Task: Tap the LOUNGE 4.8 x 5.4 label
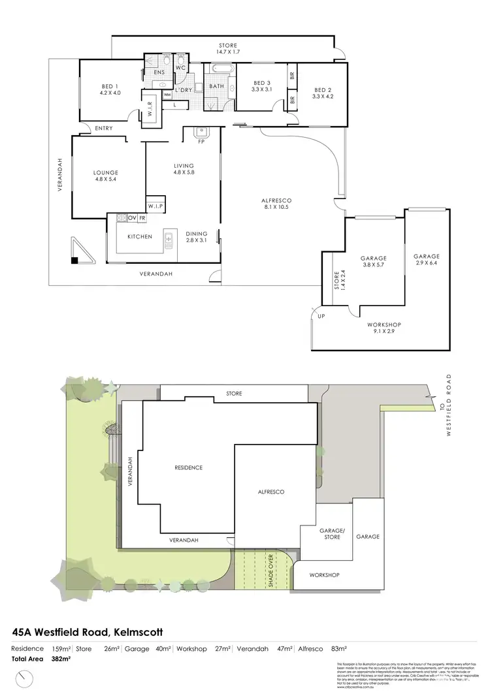click(106, 176)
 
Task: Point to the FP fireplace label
click(202, 141)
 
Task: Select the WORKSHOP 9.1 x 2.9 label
click(384, 328)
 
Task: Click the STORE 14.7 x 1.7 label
click(228, 48)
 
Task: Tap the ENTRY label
click(103, 128)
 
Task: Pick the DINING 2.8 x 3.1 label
click(196, 237)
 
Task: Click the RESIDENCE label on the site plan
click(188, 467)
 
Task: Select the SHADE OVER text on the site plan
click(270, 571)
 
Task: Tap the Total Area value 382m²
click(61, 659)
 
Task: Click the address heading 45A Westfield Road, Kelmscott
click(88, 632)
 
